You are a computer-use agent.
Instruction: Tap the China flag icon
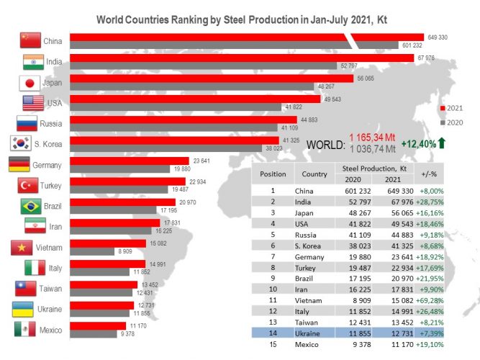(x=30, y=40)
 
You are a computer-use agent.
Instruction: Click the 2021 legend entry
(x=453, y=108)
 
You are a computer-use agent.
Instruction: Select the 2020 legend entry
(x=453, y=122)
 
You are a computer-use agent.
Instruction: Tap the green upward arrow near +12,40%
(x=442, y=143)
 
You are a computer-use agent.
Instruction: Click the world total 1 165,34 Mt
(x=373, y=138)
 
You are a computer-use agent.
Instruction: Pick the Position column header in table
(x=273, y=174)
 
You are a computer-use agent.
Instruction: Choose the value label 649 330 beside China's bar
(x=438, y=35)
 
